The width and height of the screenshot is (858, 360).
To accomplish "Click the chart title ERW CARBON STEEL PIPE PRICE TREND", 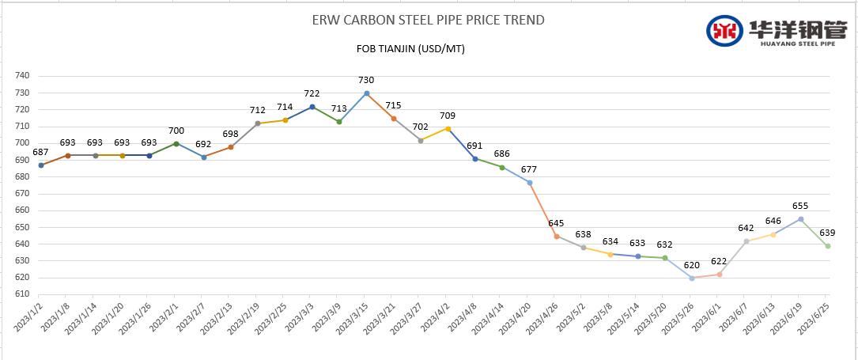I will (429, 20).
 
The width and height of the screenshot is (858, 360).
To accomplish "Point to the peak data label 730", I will (366, 80).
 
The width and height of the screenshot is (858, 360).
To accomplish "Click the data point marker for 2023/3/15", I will (366, 93).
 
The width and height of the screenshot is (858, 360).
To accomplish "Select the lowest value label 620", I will (691, 265).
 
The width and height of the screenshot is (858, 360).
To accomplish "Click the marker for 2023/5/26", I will (692, 278).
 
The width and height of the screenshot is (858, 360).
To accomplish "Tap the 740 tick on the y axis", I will (22, 76).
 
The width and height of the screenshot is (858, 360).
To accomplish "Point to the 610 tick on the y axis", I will (22, 294).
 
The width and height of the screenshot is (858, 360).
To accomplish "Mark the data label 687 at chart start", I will (41, 152).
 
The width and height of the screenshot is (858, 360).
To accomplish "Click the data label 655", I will (800, 206).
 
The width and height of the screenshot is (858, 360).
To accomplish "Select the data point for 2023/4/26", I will (557, 236).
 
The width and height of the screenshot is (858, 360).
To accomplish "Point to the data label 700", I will (176, 130).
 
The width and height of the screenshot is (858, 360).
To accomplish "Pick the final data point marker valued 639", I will (827, 246).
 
